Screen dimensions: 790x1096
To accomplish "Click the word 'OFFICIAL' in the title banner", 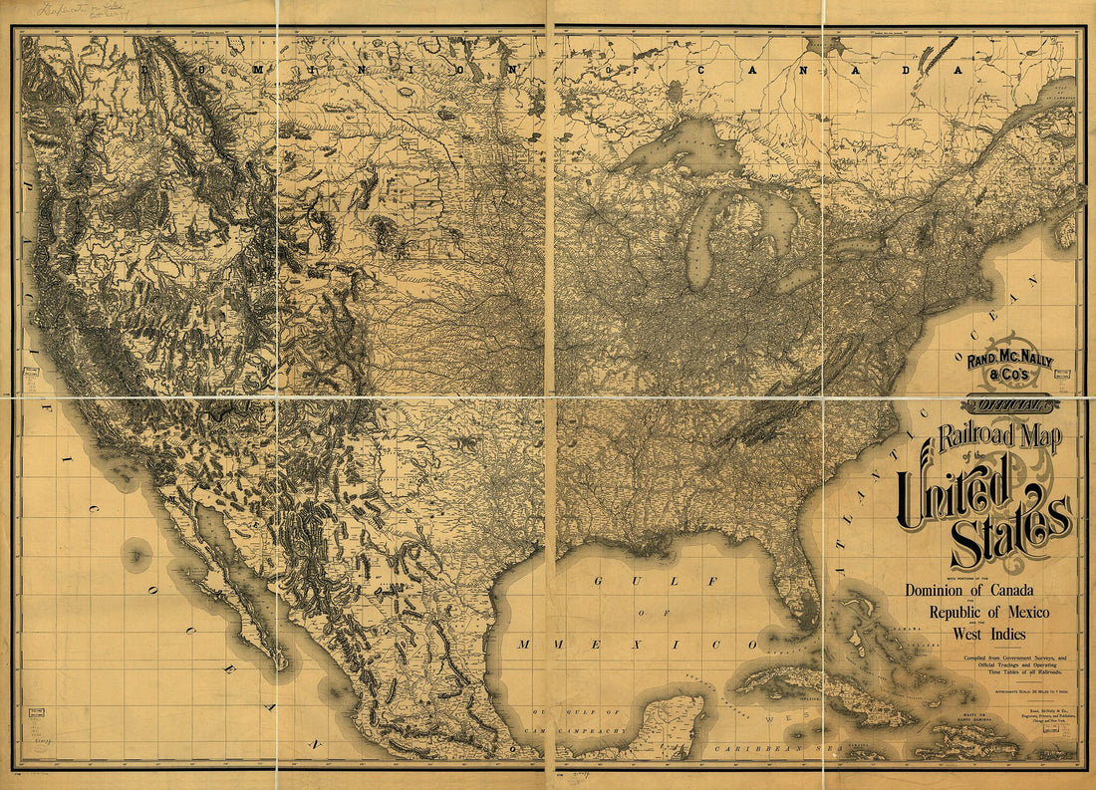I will pos(1009,404).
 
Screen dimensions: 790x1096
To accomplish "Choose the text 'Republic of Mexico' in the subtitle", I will pos(988,611).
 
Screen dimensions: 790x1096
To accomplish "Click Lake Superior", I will pos(678,149).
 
